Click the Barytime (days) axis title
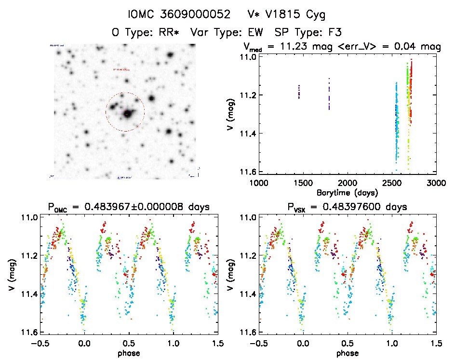348,192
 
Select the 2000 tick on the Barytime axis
348,183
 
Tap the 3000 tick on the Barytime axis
436,183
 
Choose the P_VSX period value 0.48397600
352,207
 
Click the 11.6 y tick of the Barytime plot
246,172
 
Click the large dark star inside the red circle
128,114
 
